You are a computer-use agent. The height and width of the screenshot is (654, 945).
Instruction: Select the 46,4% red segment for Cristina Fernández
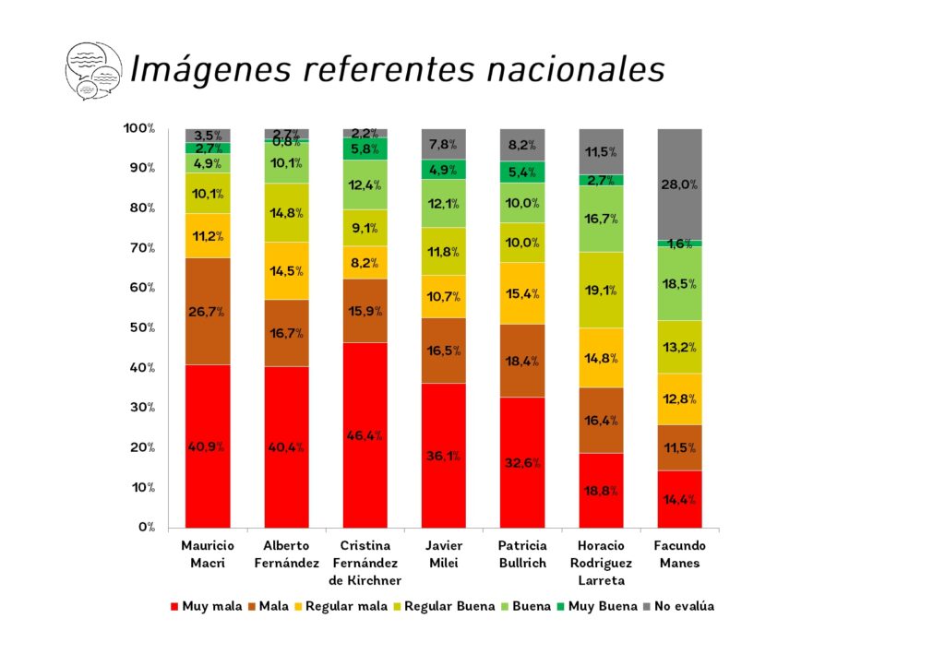pos(365,434)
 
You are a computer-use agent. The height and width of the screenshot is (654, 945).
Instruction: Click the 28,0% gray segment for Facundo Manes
pos(679,184)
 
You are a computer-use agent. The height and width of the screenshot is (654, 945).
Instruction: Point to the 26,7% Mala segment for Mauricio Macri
pos(208,311)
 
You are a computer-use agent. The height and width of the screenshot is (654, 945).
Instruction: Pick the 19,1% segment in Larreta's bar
pos(601,290)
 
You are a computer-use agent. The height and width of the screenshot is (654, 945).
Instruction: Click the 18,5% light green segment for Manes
pos(679,283)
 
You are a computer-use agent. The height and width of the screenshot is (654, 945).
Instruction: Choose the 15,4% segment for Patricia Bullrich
pos(522,293)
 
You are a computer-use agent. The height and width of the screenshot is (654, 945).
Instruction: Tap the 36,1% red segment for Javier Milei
pos(443,456)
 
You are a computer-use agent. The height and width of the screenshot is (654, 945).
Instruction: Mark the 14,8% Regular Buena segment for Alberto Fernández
pos(286,212)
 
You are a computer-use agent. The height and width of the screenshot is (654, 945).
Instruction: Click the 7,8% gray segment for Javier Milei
pos(443,144)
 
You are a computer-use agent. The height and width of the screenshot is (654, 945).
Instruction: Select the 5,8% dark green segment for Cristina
pos(365,149)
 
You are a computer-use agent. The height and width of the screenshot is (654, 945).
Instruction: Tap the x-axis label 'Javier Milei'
pos(443,553)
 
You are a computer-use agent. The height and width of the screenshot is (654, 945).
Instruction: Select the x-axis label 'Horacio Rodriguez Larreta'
pos(601,563)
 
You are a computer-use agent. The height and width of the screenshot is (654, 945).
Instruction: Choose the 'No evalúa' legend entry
pos(678,606)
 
